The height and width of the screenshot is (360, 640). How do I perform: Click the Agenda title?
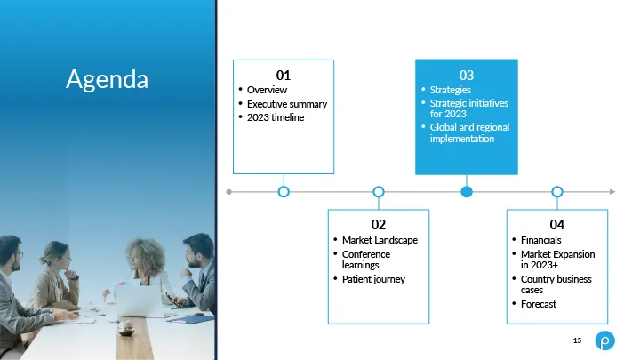[x=107, y=79]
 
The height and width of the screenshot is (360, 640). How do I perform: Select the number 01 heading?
[x=284, y=75]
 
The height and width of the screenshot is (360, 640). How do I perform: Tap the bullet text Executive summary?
[x=287, y=104]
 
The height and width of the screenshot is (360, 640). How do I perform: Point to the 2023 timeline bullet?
[x=276, y=117]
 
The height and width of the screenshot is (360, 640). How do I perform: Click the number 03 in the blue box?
[x=467, y=75]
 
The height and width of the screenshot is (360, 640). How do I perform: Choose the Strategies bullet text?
[x=450, y=90]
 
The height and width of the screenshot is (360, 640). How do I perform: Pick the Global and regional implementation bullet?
[x=469, y=132]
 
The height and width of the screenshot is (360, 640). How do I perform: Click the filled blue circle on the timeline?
[x=467, y=191]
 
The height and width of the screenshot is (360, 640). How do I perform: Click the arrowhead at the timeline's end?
[x=612, y=191]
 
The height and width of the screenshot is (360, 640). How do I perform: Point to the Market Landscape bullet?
[x=380, y=240]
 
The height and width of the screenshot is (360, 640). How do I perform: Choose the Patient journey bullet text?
[x=373, y=279]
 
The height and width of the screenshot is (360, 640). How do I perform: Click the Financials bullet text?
[x=540, y=240]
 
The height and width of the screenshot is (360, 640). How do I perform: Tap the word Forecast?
[x=539, y=304]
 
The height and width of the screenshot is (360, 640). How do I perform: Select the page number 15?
[x=577, y=340]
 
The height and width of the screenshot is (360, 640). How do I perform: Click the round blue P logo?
[x=605, y=340]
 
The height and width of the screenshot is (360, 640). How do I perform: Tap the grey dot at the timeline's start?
[x=229, y=192]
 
